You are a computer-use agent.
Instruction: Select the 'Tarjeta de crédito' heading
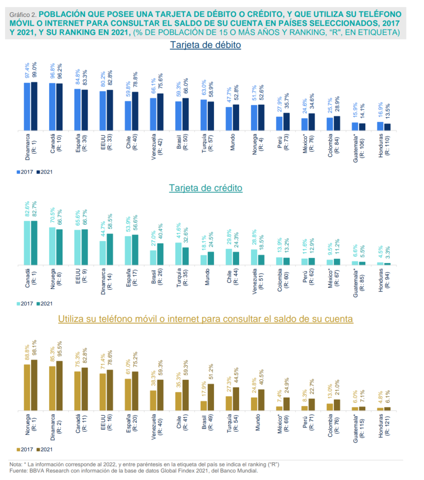(x=206, y=188)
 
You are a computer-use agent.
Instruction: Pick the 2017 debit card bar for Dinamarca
(x=27, y=106)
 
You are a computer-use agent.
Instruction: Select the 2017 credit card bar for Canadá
(x=27, y=243)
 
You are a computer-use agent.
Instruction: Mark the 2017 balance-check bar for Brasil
(x=204, y=405)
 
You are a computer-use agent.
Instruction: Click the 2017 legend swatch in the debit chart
(x=19, y=172)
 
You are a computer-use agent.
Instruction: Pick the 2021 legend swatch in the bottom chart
(x=38, y=449)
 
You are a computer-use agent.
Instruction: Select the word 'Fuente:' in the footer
(x=19, y=471)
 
